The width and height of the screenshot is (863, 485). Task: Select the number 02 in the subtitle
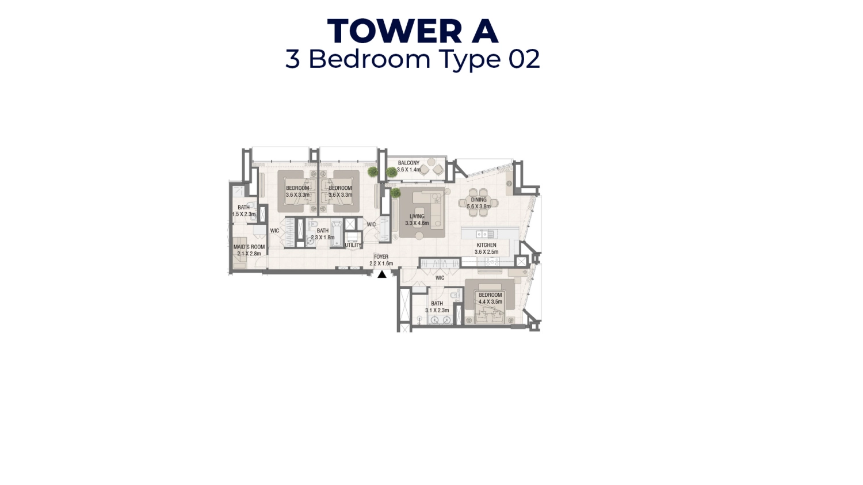click(x=524, y=59)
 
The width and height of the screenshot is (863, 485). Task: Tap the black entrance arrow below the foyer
click(x=382, y=274)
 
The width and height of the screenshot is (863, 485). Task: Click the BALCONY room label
click(x=408, y=166)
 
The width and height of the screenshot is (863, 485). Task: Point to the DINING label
click(x=479, y=203)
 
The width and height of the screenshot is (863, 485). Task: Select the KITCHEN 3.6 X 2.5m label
click(x=486, y=248)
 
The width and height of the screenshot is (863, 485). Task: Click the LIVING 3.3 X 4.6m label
click(x=417, y=220)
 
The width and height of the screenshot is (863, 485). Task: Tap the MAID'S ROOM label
click(x=249, y=250)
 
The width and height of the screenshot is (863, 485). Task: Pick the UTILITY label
click(x=353, y=245)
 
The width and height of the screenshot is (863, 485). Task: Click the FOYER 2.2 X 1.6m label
click(x=381, y=260)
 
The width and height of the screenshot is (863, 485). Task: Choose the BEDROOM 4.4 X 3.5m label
click(x=490, y=298)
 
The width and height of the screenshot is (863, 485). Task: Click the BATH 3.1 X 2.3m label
click(x=437, y=307)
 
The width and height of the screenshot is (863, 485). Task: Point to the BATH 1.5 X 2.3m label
click(x=243, y=211)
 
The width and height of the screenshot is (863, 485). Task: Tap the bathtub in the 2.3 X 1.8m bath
click(x=336, y=233)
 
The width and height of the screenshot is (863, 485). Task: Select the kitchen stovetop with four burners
click(x=491, y=261)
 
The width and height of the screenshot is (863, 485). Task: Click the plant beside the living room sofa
click(x=395, y=193)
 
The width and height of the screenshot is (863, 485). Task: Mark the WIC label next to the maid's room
click(x=274, y=231)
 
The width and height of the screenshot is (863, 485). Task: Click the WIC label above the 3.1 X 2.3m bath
click(x=440, y=278)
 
